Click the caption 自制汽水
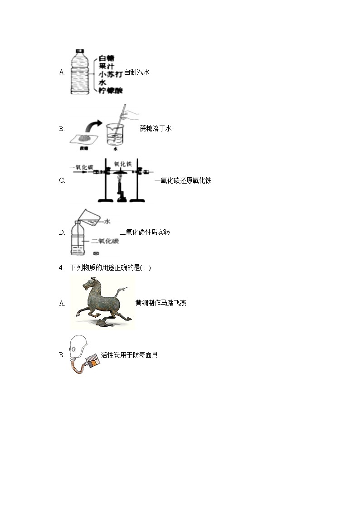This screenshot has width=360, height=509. [136, 72]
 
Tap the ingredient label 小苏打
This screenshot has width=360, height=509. [110, 74]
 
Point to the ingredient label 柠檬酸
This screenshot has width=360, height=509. [111, 91]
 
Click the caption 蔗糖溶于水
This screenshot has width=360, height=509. [156, 128]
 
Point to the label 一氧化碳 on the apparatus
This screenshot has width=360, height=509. [82, 167]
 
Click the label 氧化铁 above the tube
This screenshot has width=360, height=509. [122, 164]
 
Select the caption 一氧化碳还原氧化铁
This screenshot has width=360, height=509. [183, 180]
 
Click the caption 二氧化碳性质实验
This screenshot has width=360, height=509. [145, 232]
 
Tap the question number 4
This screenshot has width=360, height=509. [61, 267]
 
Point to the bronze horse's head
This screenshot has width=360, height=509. [88, 284]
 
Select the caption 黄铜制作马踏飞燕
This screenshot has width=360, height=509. [161, 303]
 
